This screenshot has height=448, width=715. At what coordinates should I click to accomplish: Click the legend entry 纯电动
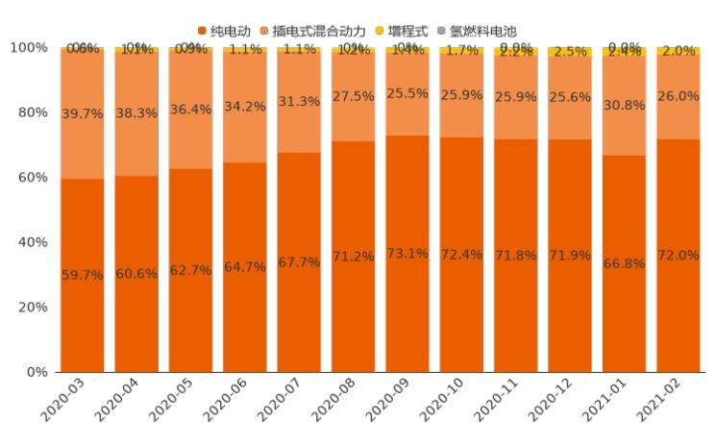[x=231, y=31]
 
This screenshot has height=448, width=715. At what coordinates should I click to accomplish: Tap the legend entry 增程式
[x=413, y=31]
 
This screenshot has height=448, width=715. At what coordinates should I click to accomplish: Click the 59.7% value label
[x=82, y=275]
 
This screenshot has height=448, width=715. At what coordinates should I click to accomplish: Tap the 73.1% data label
[x=407, y=254]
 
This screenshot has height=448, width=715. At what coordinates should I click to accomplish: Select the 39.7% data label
[x=82, y=114]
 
